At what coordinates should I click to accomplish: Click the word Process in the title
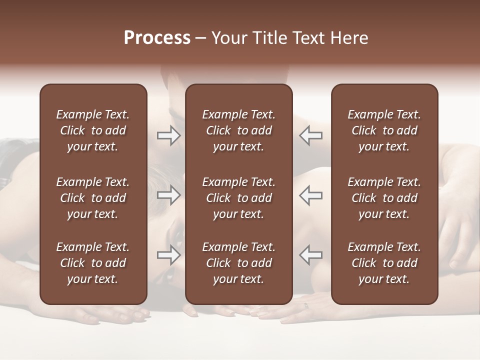pyautogui.click(x=157, y=38)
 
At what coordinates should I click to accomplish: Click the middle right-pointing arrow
pyautogui.click(x=169, y=195)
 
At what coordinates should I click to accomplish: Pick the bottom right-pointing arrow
pyautogui.click(x=169, y=255)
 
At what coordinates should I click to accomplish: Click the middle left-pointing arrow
pyautogui.click(x=311, y=195)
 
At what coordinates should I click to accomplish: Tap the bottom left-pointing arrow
pyautogui.click(x=311, y=255)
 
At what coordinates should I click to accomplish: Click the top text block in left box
pyautogui.click(x=93, y=130)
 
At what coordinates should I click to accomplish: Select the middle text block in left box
pyautogui.click(x=93, y=198)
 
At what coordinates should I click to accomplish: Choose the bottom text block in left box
pyautogui.click(x=93, y=263)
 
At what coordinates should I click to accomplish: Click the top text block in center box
pyautogui.click(x=238, y=130)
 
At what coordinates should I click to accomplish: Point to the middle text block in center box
pyautogui.click(x=238, y=198)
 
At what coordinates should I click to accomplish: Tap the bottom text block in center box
pyautogui.click(x=238, y=263)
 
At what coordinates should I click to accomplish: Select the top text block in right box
pyautogui.click(x=384, y=130)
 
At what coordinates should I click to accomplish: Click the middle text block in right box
pyautogui.click(x=384, y=198)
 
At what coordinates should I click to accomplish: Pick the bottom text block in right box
pyautogui.click(x=384, y=263)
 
